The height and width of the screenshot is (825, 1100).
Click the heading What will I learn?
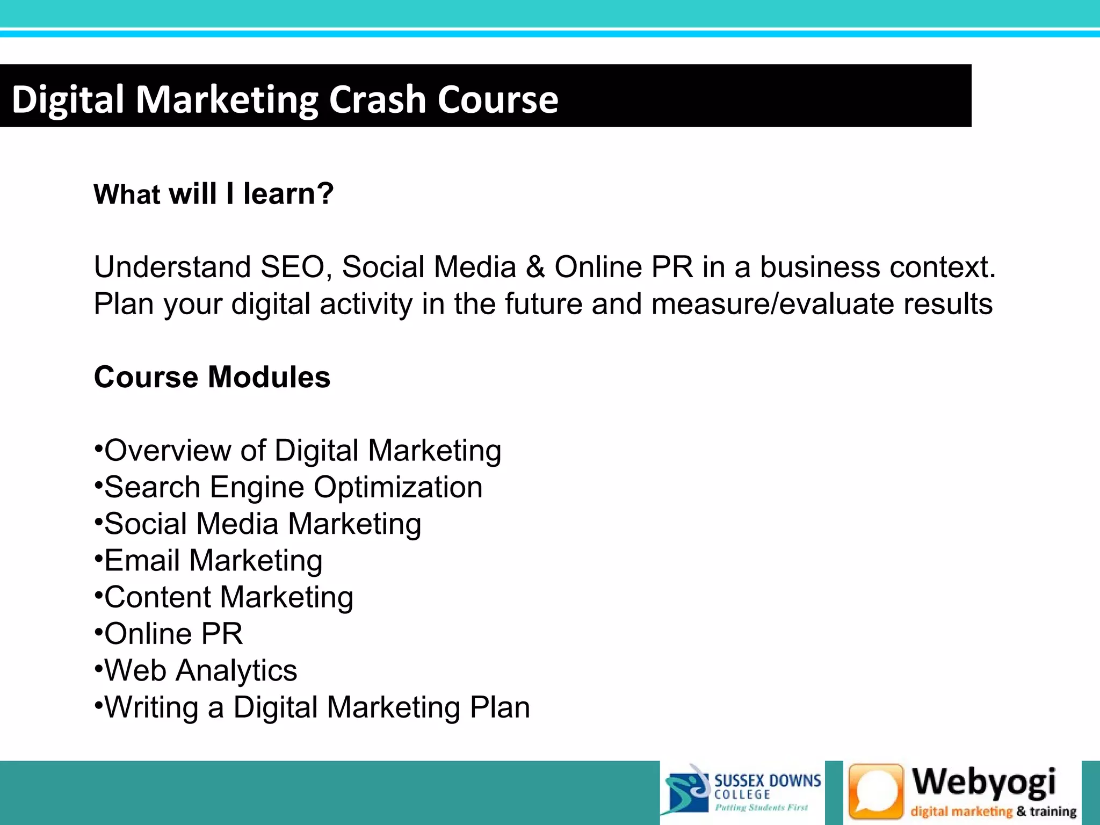[x=214, y=194]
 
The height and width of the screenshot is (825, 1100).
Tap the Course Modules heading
[x=212, y=377]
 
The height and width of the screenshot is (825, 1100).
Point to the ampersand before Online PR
[x=535, y=267]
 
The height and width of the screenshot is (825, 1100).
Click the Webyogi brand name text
[x=984, y=783]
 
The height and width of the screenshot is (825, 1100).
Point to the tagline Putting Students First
[x=761, y=807]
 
